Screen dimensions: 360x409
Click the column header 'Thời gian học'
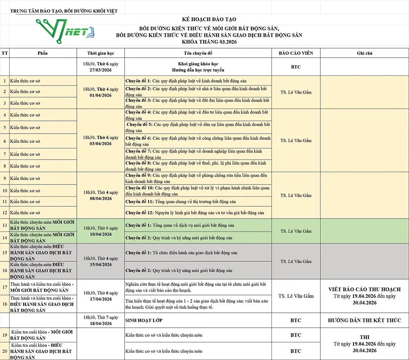100,53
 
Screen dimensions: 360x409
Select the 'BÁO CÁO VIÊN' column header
296,53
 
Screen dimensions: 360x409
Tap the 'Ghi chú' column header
364,53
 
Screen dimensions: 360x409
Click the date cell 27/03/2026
100,70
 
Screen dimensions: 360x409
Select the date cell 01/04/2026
100,95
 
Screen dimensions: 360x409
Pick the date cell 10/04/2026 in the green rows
100,234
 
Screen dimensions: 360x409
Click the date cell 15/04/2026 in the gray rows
100,265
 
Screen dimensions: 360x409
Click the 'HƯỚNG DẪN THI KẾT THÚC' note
364,320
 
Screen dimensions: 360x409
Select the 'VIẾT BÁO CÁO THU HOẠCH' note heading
364,289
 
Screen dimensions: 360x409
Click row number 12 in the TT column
5,212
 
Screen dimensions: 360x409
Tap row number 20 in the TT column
5,351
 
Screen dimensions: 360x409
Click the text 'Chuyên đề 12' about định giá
139,212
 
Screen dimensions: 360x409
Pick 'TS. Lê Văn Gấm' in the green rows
296,231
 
